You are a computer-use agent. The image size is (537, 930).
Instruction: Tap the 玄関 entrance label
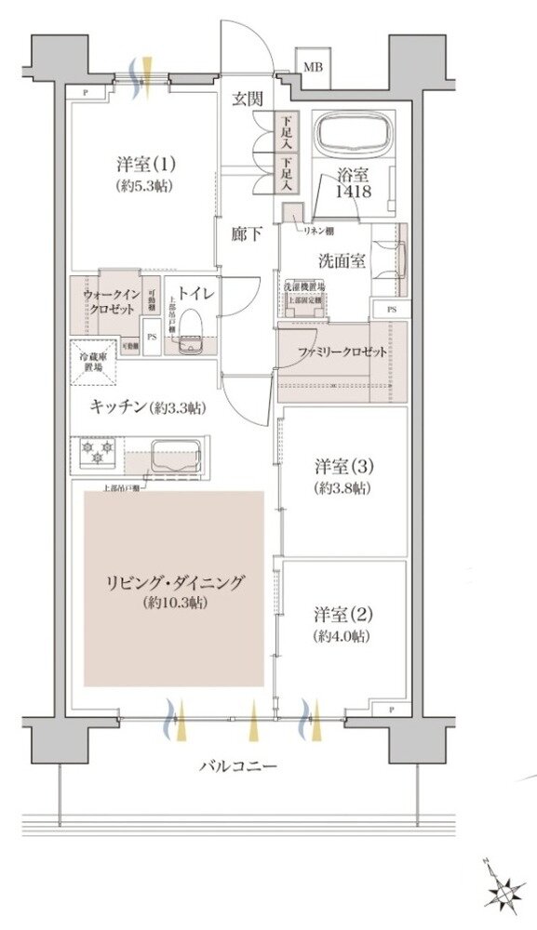coord(247,99)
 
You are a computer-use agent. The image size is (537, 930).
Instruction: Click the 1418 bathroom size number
coord(355,192)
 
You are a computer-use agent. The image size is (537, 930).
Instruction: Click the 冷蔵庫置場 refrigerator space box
coord(93,361)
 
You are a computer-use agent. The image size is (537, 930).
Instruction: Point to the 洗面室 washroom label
coord(343,260)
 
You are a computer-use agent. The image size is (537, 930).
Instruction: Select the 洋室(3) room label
coord(344,465)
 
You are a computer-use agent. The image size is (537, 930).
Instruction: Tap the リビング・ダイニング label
coord(174,583)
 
